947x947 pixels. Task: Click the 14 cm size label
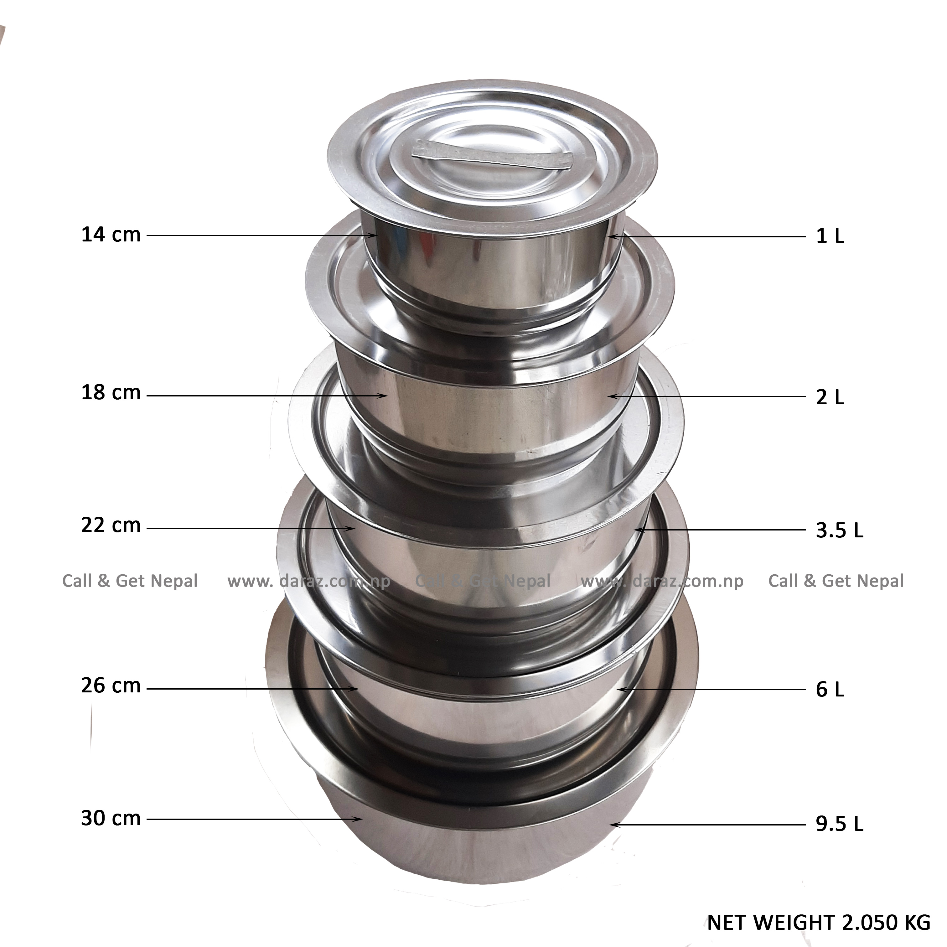(111, 235)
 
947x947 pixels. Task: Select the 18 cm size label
(111, 393)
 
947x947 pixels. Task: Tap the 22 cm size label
(111, 526)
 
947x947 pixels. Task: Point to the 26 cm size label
(111, 686)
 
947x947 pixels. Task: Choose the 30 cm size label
(111, 819)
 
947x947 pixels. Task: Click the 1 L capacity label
(830, 237)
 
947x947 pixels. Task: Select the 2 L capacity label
(830, 397)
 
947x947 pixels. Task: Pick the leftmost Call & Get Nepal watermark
(130, 581)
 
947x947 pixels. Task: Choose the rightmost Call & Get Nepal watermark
(836, 581)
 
